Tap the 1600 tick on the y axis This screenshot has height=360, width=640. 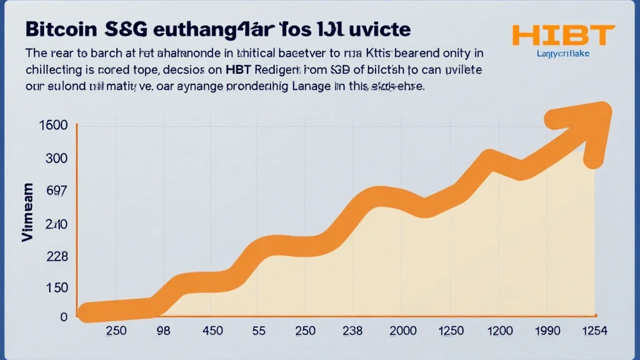[x=52, y=125]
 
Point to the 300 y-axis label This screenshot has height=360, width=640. [x=56, y=158]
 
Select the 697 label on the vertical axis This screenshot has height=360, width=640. [x=56, y=191]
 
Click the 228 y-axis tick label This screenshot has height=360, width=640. [x=56, y=257]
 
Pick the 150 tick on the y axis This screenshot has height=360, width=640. [x=56, y=287]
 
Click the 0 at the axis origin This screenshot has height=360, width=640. [x=63, y=317]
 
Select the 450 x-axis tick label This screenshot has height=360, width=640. [x=212, y=331]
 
